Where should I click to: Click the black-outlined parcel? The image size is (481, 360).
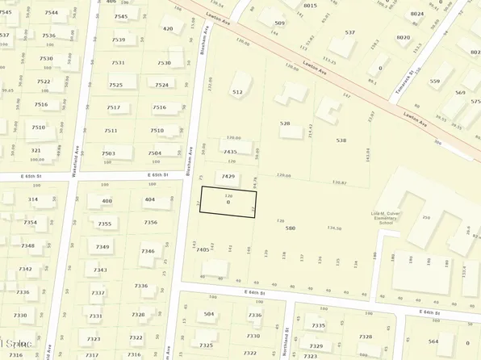pos(228,201)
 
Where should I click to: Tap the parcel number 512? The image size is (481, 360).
pos(237,92)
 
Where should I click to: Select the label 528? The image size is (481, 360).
pos(284,123)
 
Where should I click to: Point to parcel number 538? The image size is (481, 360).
pos(341,140)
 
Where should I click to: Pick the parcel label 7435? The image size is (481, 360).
pos(230,152)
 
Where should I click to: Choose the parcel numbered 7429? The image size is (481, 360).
pos(228,176)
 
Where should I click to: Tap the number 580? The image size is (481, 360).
pos(291,228)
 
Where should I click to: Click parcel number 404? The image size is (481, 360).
pos(149,199)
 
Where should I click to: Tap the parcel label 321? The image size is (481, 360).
pos(36,150)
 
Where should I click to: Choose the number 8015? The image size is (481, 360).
pos(310,6)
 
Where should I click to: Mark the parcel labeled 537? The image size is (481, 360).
pos(349,32)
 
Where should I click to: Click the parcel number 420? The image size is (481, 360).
pos(168,28)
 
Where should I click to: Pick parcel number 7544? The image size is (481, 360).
pos(52,13)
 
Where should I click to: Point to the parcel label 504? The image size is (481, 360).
pos(209,314)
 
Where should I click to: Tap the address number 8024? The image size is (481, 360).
pos(416,14)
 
